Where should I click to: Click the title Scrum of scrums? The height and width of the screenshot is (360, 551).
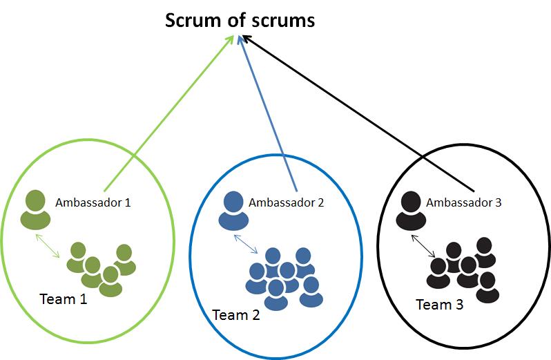240,20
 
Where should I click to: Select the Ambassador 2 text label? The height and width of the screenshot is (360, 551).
286,202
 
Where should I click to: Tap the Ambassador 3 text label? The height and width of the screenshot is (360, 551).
464,202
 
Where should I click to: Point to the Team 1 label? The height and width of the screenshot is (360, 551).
64,299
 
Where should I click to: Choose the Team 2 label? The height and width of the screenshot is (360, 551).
236,315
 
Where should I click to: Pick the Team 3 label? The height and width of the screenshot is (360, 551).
439,304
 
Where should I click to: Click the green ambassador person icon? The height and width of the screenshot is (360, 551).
35,210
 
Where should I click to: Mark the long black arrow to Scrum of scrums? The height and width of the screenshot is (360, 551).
359,114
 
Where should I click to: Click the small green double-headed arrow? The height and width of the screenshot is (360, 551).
48,247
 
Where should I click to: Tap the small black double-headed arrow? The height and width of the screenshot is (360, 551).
424,246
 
